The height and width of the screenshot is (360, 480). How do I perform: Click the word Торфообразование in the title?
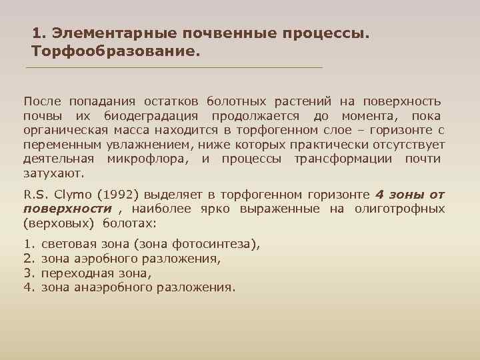115,51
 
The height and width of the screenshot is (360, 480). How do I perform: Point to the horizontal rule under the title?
173,68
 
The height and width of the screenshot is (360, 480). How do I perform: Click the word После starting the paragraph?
42,101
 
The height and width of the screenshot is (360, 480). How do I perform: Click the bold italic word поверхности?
67,209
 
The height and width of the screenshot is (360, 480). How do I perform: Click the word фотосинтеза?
213,245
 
